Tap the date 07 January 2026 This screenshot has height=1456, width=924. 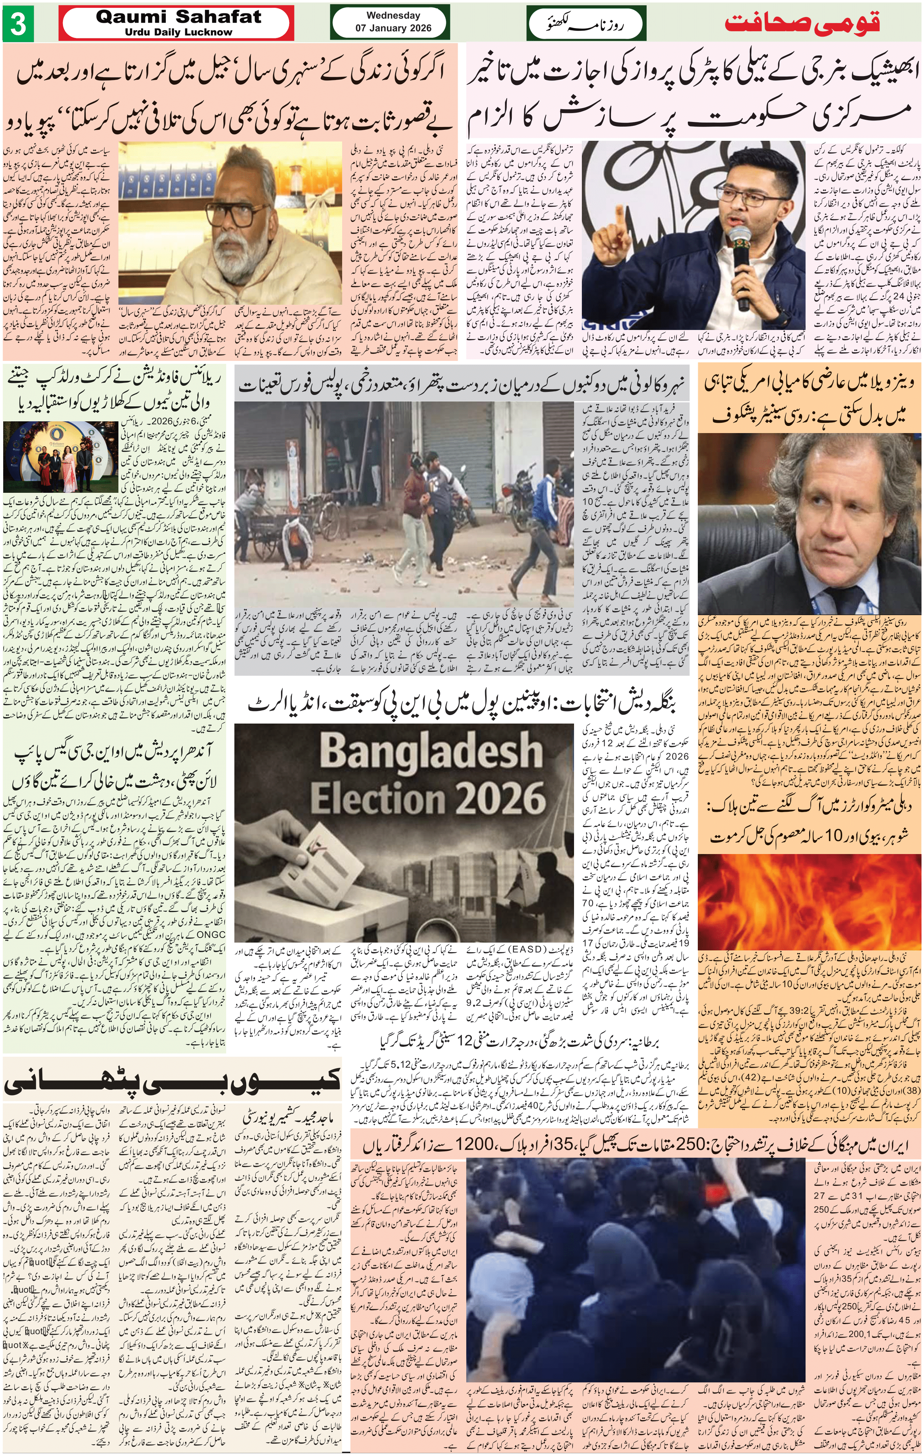[x=393, y=28]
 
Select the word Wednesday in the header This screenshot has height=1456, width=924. [x=393, y=15]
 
